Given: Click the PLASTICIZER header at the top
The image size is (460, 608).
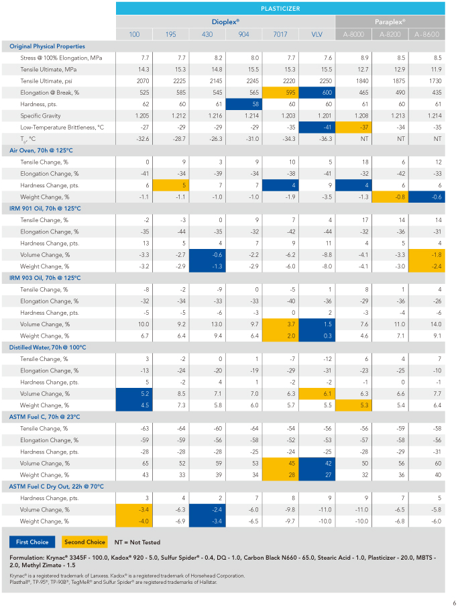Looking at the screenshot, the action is coord(280,9).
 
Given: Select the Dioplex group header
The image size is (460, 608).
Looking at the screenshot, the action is coord(225,21).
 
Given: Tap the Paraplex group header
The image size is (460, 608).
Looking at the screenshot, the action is coord(390,21).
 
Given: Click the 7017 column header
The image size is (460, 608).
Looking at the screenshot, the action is coord(280,34).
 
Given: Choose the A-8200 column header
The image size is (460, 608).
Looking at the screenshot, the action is coord(390,34).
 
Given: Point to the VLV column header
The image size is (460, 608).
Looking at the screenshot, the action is coord(317,34).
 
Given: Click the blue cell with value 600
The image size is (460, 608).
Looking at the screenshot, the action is coord(317,93).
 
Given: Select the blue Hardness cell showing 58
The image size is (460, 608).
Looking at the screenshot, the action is coord(244,104).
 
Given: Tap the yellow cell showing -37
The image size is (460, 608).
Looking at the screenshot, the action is coord(353,128).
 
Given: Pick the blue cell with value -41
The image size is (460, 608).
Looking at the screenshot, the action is coord(317,128).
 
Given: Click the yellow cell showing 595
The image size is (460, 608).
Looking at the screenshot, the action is coord(280,93).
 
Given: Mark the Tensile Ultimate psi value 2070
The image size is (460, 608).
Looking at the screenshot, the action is coord(143,81).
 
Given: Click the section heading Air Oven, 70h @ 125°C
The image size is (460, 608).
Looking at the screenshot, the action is coord(41,150).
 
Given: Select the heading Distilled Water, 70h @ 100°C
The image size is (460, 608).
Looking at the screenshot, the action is coord(48,348).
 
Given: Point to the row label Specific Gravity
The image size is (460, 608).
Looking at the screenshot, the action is coord(40,115).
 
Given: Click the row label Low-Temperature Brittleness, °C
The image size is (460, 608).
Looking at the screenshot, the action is coord(62,128).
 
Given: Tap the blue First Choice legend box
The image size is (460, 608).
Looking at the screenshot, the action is coord(32,542).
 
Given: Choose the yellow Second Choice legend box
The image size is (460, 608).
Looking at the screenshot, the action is coord(84,542).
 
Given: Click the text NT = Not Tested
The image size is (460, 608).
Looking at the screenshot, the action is coord(137,542).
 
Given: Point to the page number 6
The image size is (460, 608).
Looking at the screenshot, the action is coord(455,603).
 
